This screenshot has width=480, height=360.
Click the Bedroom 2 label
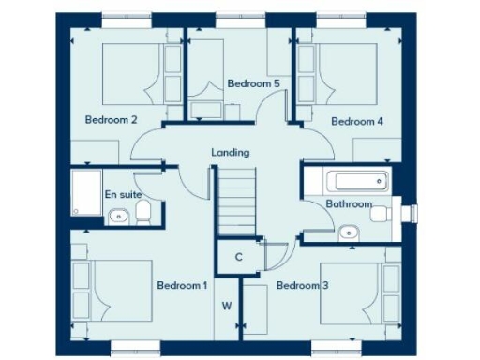(112, 119)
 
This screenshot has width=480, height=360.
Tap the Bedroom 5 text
(254, 83)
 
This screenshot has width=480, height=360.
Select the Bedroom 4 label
(357, 121)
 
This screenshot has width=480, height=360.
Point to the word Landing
(231, 152)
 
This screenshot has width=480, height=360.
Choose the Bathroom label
(349, 203)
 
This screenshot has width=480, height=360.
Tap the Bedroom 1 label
(182, 285)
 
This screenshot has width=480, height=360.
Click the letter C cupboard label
(239, 257)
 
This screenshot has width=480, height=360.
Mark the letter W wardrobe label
(227, 306)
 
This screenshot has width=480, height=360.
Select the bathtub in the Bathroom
(353, 181)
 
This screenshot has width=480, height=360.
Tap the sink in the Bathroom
(349, 232)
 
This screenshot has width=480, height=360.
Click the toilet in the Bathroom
(382, 214)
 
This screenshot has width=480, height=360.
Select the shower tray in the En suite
(87, 191)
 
